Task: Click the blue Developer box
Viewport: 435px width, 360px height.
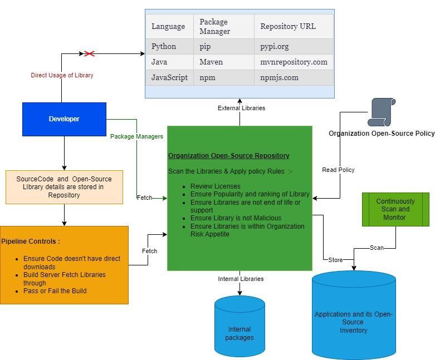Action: (x=64, y=119)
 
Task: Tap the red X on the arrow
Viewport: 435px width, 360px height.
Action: (x=89, y=54)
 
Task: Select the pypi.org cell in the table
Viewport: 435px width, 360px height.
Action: (x=275, y=47)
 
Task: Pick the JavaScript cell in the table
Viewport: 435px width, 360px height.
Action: (x=169, y=78)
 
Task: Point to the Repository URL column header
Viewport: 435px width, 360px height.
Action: (x=288, y=26)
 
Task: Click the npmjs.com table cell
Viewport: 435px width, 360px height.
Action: (x=279, y=78)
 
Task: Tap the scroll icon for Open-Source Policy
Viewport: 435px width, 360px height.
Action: (x=382, y=112)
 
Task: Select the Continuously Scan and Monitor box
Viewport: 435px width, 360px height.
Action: (x=395, y=209)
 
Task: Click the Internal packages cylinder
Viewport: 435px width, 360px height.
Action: (x=240, y=333)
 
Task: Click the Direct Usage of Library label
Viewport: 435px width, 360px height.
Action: (x=62, y=75)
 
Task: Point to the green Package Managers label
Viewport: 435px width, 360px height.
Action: (x=136, y=136)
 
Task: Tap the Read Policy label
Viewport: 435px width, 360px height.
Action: (x=338, y=170)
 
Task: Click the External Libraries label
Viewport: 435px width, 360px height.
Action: (x=241, y=108)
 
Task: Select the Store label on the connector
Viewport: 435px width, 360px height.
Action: (x=335, y=260)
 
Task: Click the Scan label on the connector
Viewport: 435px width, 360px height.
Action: (x=377, y=248)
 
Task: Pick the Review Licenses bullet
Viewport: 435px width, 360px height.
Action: (x=216, y=186)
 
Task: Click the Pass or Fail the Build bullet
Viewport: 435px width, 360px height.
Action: (x=55, y=291)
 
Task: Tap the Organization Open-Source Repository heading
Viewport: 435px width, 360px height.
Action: (x=228, y=156)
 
